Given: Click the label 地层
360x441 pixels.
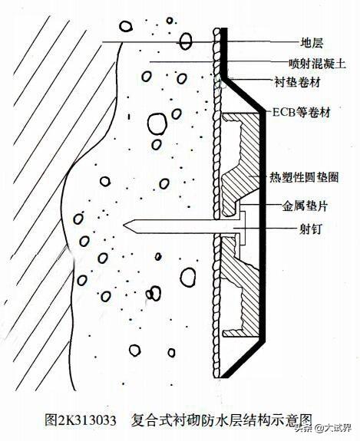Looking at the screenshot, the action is tap(312, 43).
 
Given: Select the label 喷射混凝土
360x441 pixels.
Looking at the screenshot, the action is tap(317, 64).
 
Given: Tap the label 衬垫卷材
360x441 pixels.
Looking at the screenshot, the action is tap(297, 82).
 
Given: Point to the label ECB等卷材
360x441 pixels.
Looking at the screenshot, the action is tap(301, 113).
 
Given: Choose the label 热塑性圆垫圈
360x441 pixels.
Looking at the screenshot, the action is tap(304, 177).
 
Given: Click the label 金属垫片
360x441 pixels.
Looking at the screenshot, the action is tap(305, 206).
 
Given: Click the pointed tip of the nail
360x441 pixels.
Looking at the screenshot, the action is tap(124, 225).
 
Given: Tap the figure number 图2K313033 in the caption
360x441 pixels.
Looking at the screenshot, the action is tap(81, 420).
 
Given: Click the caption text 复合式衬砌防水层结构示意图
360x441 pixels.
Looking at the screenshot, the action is tap(222, 420).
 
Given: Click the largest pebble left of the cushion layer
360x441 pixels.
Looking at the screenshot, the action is tap(157, 123).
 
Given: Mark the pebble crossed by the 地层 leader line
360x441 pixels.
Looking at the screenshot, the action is tap(186, 41).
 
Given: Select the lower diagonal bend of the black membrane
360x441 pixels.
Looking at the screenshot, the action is tap(243, 357).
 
